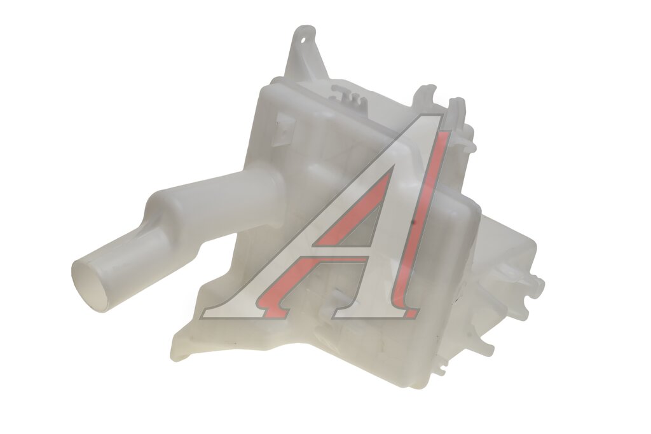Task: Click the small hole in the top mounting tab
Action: tap(303, 41)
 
